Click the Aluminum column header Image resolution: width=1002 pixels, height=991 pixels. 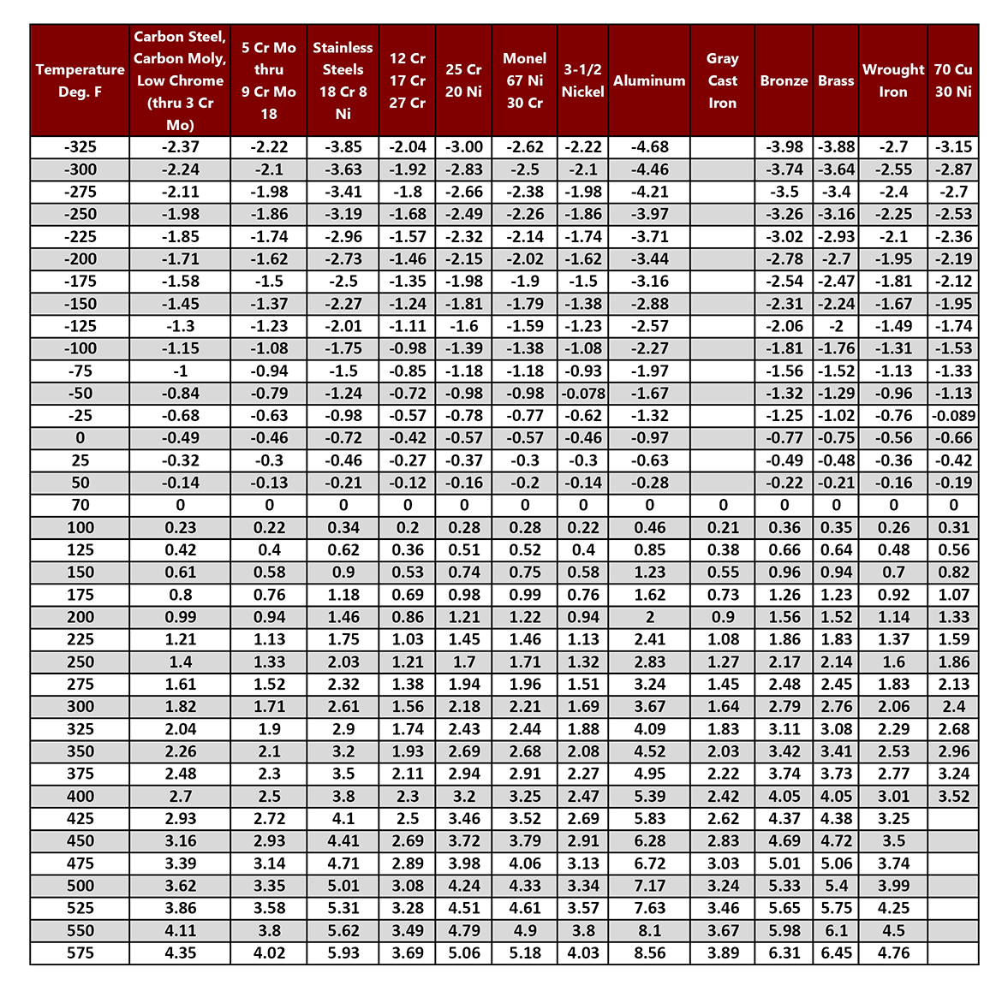coord(649,80)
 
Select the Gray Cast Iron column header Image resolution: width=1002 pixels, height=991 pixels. coord(722,80)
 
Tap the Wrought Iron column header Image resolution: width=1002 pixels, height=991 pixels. coord(892,80)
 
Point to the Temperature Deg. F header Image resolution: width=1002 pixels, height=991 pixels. coord(80,80)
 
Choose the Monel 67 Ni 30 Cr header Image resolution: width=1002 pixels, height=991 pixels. coord(524,80)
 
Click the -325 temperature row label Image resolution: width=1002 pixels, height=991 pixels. coord(80,147)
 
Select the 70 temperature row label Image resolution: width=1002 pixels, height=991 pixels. coord(80,505)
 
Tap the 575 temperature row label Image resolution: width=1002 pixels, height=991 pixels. coord(80,952)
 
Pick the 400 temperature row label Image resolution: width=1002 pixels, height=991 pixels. coord(80,796)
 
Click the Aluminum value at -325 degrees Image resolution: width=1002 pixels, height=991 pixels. coord(649,147)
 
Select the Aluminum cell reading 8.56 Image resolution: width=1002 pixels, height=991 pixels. coord(649,952)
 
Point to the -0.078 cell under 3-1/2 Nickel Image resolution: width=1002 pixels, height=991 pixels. coord(582,394)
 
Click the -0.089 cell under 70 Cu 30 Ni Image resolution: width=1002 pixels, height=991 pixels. coord(953,416)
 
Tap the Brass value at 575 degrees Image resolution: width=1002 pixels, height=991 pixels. coord(836,952)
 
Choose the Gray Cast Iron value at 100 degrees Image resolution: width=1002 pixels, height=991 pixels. coord(723,528)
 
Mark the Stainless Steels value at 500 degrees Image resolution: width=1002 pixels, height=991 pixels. coord(343,886)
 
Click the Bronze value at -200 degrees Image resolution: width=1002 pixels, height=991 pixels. coord(784,259)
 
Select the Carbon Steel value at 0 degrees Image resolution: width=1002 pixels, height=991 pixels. coord(180,438)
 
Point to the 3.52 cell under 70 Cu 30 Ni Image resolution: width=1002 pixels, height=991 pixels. coord(953,796)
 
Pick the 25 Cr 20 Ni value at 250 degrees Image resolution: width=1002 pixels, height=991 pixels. coord(464,662)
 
